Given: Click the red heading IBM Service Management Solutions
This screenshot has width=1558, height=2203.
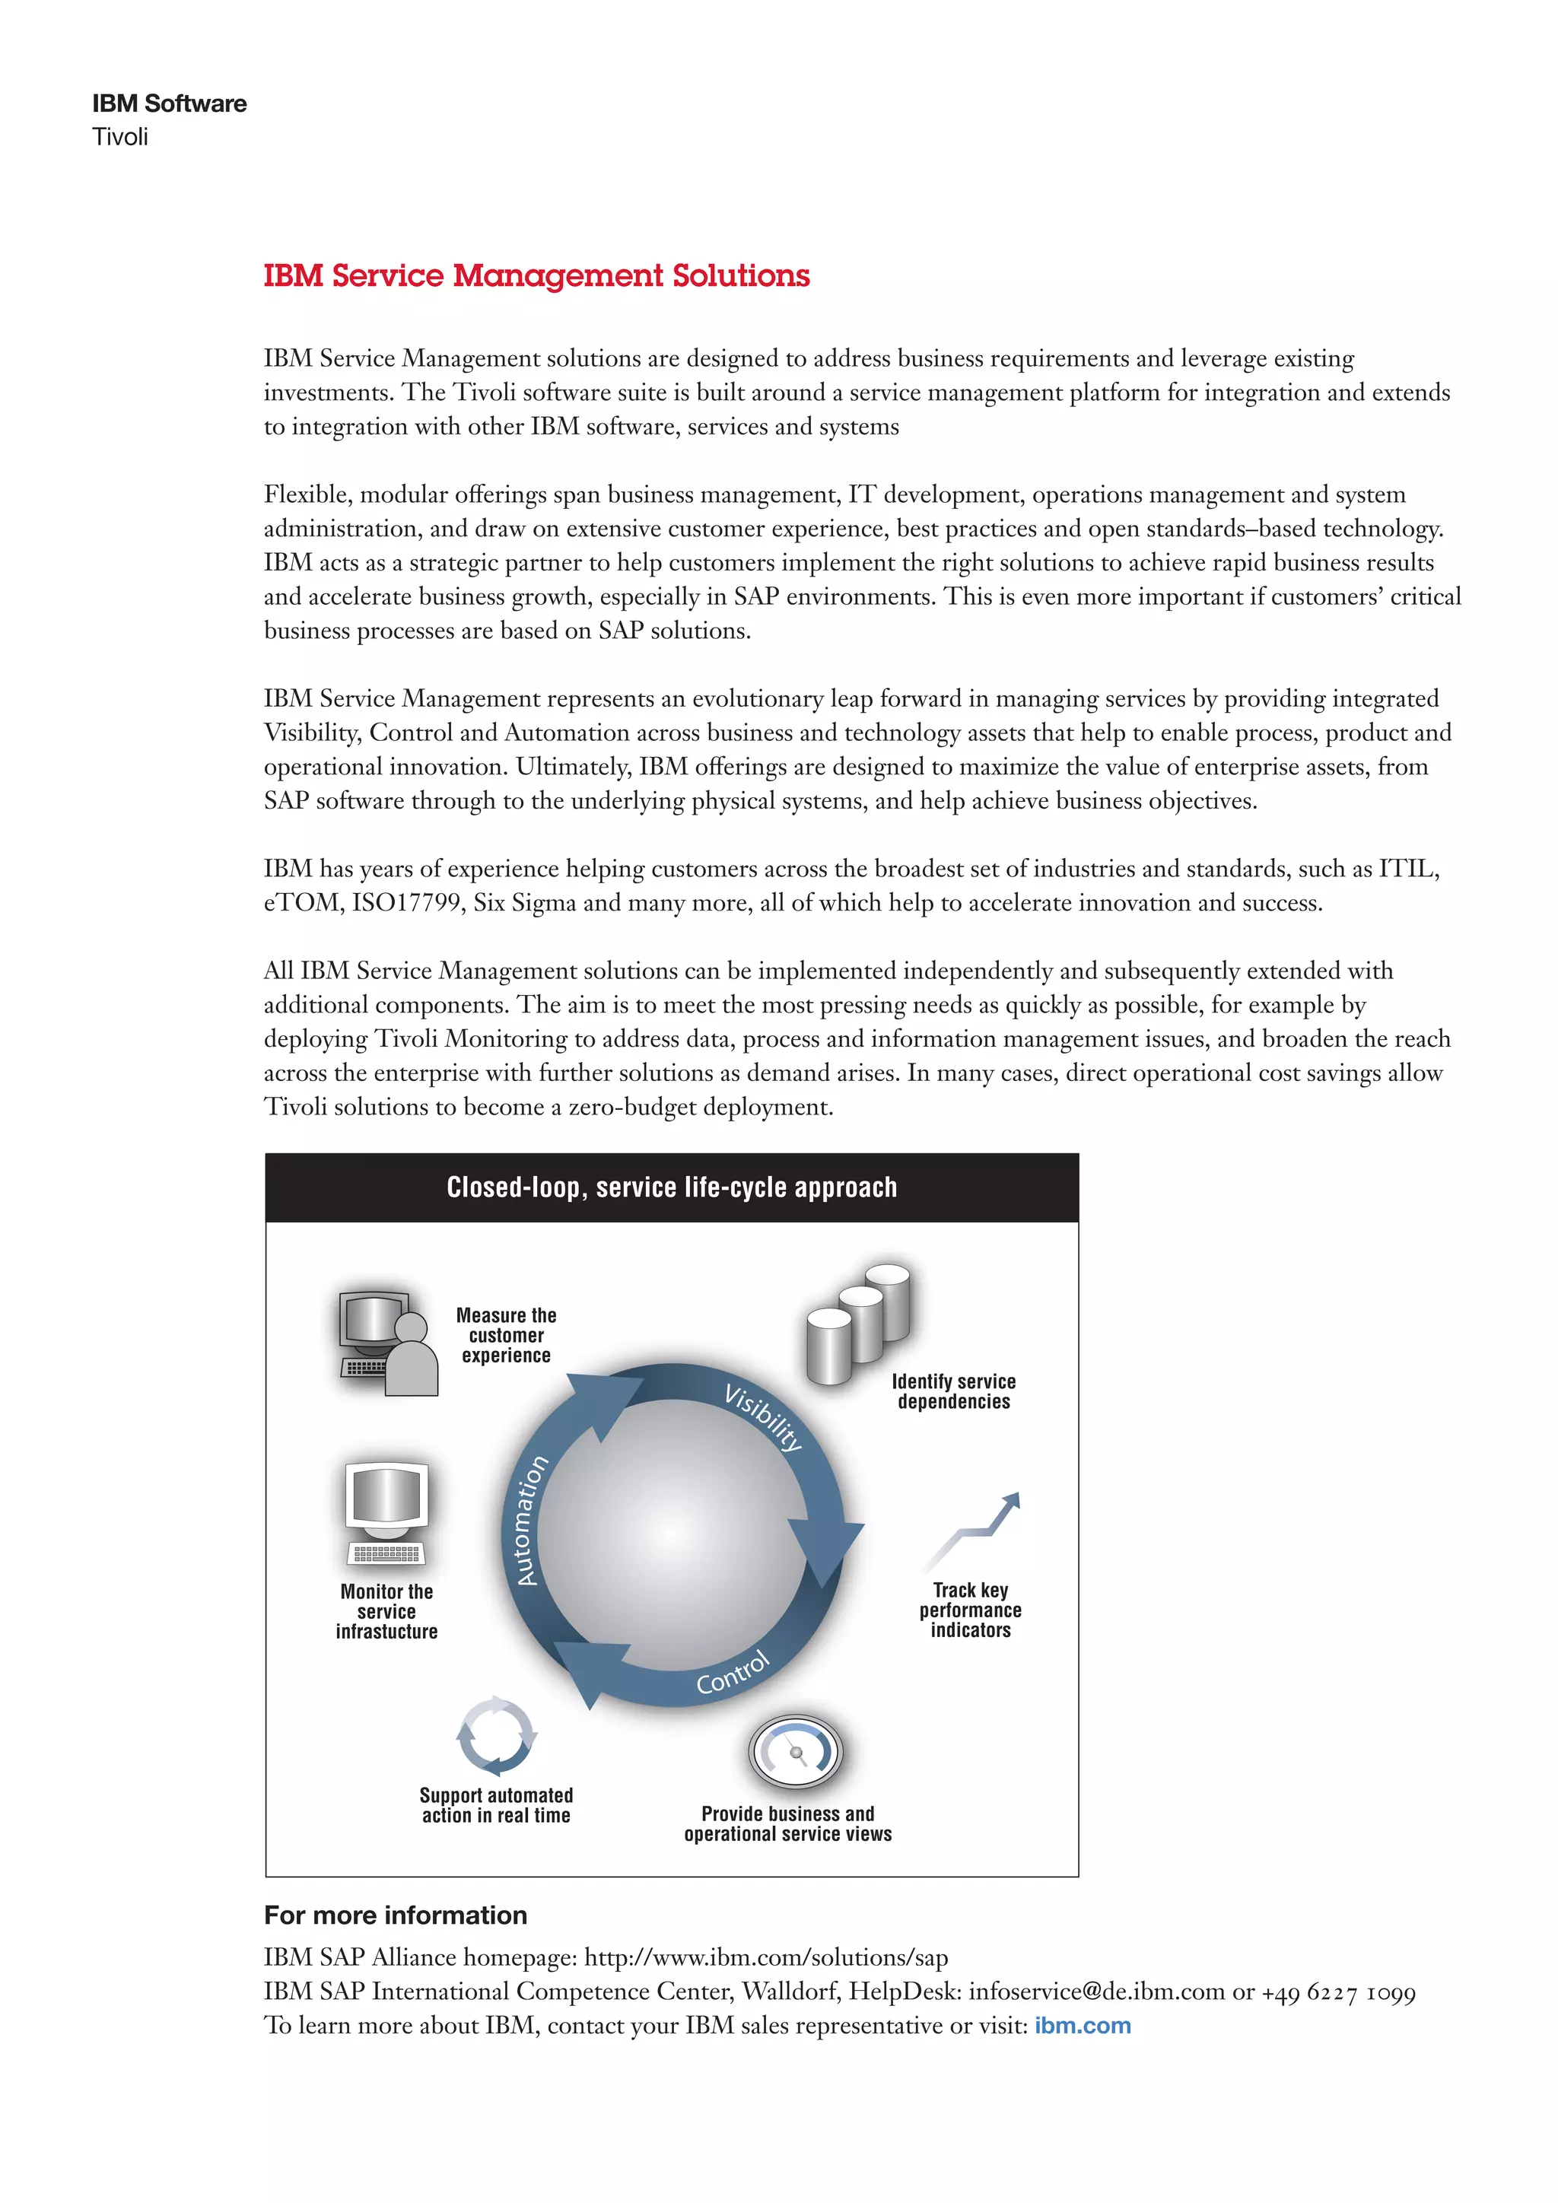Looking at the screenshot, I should pos(536,276).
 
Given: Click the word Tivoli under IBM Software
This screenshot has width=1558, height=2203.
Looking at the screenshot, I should pos(120,137).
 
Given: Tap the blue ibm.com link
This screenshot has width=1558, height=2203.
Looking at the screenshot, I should pos(1083,2026).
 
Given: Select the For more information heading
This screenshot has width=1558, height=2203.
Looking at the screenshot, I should pos(396,1915).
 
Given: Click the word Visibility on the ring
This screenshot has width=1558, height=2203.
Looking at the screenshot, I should pos(763,1417).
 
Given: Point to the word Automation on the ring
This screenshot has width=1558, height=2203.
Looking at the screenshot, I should pos(532,1520).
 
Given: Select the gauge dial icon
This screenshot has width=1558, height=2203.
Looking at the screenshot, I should pos(794,1751).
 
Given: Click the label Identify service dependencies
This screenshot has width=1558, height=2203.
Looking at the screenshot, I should pos(954,1391).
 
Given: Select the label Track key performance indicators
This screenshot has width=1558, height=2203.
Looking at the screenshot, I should pos(970,1610).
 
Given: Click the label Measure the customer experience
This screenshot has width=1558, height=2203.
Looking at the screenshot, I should pos(506,1335).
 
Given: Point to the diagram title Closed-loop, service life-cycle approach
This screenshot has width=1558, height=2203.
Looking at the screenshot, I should pos(672,1188).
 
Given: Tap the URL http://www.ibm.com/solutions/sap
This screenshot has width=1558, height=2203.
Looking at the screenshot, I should pos(765,1957).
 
